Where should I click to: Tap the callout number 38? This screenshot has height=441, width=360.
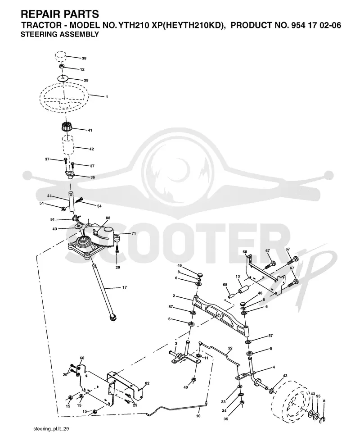coord(84,58)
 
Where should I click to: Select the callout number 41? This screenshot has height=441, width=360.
coord(90,130)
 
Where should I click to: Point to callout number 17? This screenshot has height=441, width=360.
coord(125,287)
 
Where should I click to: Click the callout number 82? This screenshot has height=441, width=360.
coord(147,383)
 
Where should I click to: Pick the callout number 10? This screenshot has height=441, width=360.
coord(198,416)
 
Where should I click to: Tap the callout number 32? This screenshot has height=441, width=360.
coord(230,348)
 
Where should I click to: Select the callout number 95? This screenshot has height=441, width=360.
coord(318,396)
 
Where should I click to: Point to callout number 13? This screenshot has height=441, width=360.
coord(238,277)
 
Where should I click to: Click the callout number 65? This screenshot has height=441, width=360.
coord(225,285)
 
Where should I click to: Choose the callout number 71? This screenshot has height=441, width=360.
coord(134,233)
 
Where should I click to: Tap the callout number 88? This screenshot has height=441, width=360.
coord(108,218)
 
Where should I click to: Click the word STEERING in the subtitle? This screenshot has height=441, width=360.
coord(36,34)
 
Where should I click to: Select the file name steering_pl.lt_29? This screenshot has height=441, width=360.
coord(51,429)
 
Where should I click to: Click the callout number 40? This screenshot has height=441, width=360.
coord(185,387)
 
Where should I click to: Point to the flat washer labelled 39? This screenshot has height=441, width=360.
coord(63,78)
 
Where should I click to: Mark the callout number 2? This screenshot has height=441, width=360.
coord(174,296)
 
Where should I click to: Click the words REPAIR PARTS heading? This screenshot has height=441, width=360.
coord(60,14)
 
